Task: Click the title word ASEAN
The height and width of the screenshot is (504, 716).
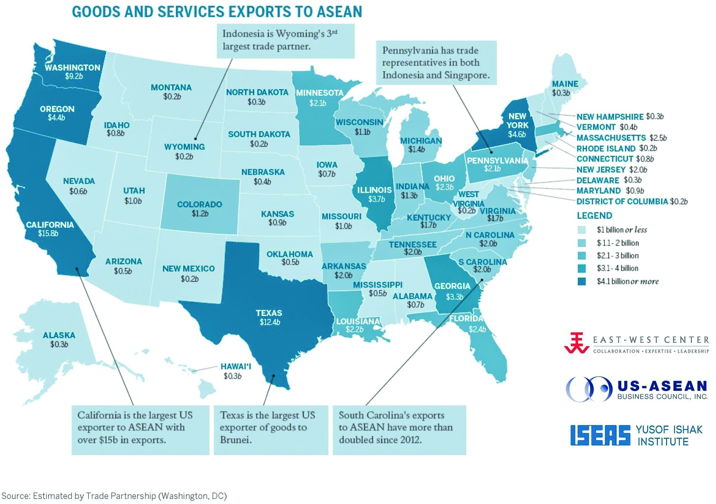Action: click(339, 12)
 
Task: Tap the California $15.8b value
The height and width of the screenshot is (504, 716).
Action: click(48, 233)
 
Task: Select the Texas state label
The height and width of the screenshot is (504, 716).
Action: click(269, 313)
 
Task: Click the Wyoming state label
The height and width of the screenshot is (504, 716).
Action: click(184, 147)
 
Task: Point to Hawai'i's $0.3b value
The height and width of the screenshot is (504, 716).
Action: click(232, 376)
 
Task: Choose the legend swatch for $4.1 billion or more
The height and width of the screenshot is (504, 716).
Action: click(581, 281)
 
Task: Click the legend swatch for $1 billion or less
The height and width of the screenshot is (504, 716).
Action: click(581, 230)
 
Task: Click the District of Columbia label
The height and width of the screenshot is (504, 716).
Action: click(622, 201)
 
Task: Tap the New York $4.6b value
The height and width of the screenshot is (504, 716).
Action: click(517, 134)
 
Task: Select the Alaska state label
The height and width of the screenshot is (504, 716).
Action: click(59, 336)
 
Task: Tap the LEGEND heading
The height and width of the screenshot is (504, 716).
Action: click(594, 215)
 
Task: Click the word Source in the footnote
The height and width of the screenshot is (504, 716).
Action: click(15, 496)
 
